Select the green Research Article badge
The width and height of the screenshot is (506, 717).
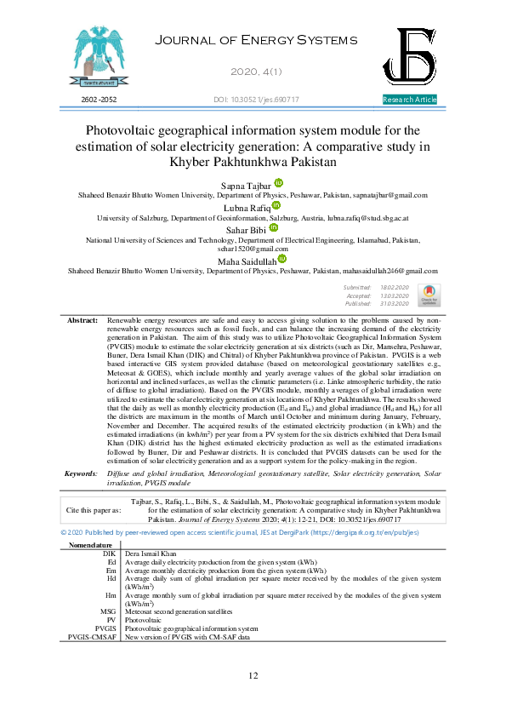point(410,100)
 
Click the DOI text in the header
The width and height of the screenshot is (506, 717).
point(255,100)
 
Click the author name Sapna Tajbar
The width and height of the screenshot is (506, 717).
point(246,185)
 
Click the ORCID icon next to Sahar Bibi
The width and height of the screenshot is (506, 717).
point(274,229)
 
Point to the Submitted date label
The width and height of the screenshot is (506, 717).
point(357,290)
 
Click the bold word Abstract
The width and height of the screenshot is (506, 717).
point(82,320)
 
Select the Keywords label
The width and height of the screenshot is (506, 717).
point(82,473)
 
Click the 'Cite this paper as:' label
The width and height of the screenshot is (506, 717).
point(93,510)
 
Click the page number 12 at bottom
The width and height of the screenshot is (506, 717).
point(253,675)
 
